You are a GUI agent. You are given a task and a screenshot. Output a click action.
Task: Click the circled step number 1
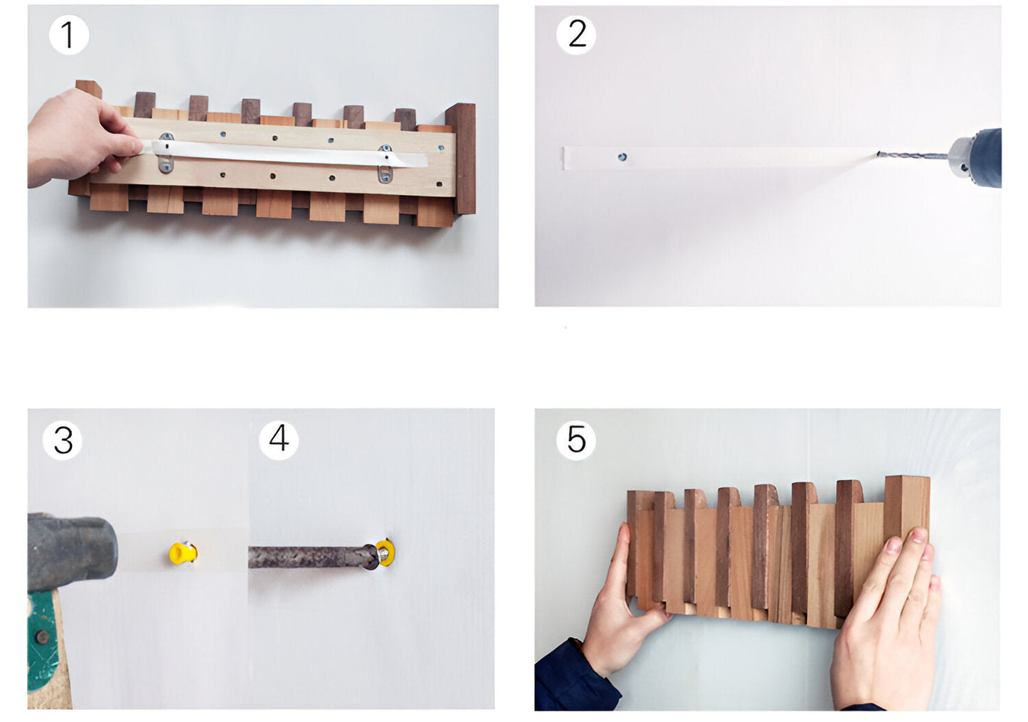(68, 35)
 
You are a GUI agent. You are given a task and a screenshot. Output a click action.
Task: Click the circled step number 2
(576, 34)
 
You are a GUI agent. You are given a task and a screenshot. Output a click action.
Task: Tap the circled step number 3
(63, 440)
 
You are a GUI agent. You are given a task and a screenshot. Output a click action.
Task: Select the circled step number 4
(279, 439)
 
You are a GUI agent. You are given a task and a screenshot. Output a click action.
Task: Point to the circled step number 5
(576, 440)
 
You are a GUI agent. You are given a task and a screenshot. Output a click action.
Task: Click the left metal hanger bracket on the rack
(166, 152)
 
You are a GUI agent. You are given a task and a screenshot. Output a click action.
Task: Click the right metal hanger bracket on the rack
(385, 164)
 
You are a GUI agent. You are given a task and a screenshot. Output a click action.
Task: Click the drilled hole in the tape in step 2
(622, 157)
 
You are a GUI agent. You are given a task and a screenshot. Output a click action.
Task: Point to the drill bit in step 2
(914, 154)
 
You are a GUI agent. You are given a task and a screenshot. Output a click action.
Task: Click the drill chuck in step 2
(960, 156)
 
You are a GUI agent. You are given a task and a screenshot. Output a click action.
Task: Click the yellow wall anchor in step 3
(182, 553)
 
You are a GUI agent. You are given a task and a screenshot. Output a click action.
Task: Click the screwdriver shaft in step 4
(306, 557)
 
